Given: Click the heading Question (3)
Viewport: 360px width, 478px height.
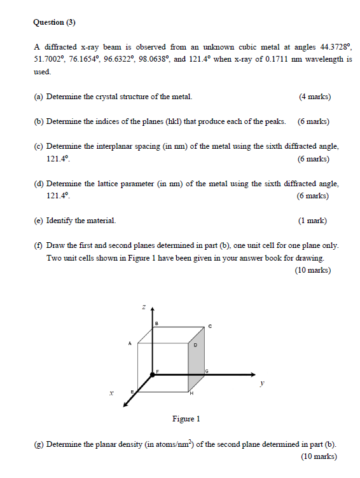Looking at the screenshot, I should pyautogui.click(x=54, y=22).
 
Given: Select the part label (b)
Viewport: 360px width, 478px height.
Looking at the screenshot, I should pyautogui.click(x=39, y=121).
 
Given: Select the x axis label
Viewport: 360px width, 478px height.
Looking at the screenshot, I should pyautogui.click(x=111, y=395).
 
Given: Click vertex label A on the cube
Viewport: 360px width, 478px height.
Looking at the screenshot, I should pyautogui.click(x=130, y=343).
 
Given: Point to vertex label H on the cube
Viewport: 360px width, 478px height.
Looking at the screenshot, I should pyautogui.click(x=191, y=395).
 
